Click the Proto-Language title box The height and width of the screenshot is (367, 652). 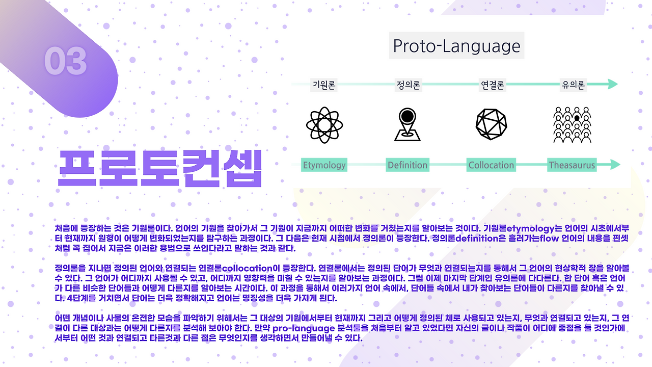[x=456, y=45]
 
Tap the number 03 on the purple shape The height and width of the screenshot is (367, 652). [x=66, y=61]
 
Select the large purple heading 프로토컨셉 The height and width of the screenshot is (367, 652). [x=160, y=168]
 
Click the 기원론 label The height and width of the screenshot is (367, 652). [x=323, y=85]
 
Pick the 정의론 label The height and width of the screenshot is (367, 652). [x=408, y=85]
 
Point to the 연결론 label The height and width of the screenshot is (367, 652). [x=492, y=85]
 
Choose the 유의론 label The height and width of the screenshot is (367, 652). [x=573, y=85]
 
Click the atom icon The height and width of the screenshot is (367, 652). [x=324, y=125]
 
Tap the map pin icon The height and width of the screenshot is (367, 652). [x=407, y=124]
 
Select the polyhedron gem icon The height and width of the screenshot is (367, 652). [x=492, y=124]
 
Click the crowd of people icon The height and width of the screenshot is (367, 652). [x=572, y=125]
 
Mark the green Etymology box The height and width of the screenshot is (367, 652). [x=324, y=165]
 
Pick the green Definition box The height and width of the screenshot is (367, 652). [x=407, y=165]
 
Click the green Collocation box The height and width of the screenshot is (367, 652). [x=491, y=165]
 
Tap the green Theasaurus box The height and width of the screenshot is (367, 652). [x=572, y=165]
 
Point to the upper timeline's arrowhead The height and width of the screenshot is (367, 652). [x=613, y=84]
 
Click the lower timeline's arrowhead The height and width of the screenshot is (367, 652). [x=615, y=165]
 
